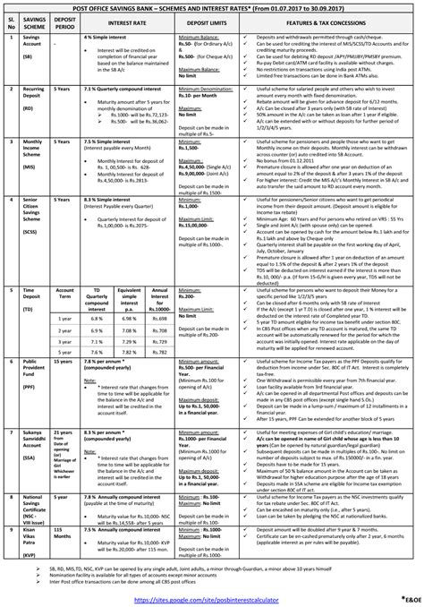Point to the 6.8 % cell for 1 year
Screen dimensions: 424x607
coord(97,317)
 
